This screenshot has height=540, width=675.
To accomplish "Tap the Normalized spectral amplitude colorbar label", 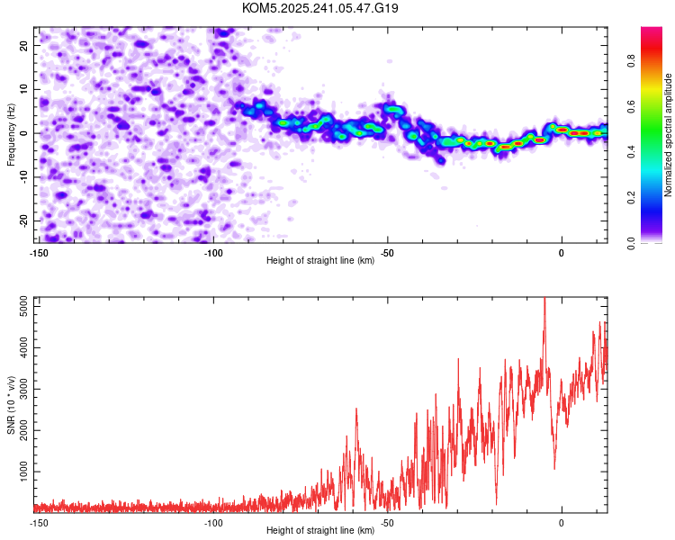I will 669,135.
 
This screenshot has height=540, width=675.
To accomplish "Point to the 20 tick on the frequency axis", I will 24,45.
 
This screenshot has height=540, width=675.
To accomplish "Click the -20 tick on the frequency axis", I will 22,220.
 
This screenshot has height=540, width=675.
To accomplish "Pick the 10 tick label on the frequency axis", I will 24,89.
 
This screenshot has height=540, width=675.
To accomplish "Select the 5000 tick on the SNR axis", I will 19,308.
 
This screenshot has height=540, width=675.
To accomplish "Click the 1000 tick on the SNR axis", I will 19,472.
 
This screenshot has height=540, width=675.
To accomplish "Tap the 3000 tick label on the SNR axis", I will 19,390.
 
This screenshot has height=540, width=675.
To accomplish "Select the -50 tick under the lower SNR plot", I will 388,522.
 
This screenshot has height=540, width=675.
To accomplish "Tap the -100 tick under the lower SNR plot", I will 213,522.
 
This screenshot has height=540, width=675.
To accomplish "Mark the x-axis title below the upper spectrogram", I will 320,262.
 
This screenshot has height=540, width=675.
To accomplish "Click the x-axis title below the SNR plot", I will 320,531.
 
